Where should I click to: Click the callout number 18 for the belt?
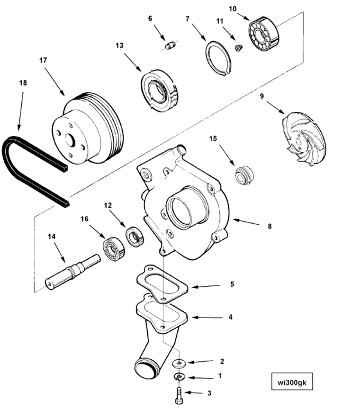tap(23, 82)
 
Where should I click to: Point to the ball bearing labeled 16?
tap(113, 247)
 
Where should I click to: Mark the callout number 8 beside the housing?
tap(270, 227)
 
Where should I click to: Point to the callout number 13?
tap(119, 46)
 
